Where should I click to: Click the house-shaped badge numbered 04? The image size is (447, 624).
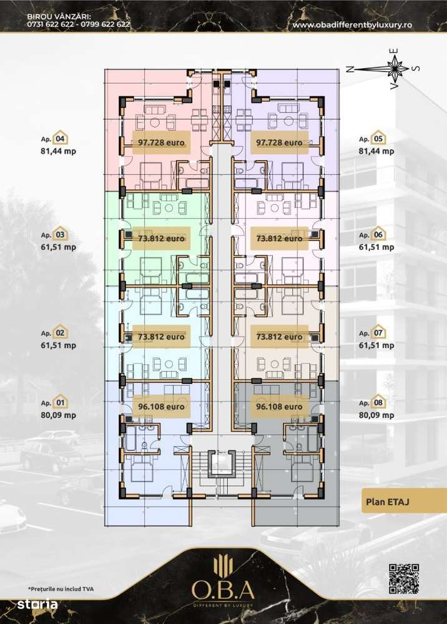[61, 139]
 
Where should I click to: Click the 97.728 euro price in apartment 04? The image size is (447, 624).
[161, 142]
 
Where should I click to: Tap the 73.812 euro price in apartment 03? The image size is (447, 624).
[161, 238]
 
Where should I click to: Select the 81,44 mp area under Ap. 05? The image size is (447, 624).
[376, 151]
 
